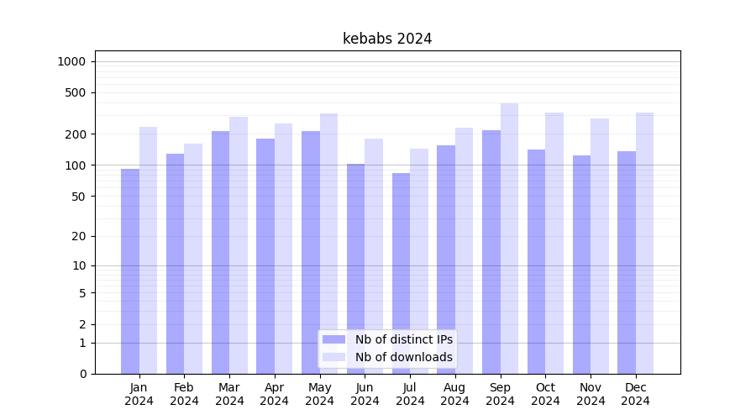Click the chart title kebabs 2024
(387, 39)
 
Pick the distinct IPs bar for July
(401, 273)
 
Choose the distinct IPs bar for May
(311, 252)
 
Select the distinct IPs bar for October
(536, 261)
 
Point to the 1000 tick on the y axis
(71, 61)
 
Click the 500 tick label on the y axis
(76, 92)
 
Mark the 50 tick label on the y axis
(79, 197)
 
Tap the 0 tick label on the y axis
(82, 374)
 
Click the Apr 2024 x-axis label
(275, 394)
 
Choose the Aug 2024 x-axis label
(455, 394)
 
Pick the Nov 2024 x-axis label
(591, 394)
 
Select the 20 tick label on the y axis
(79, 236)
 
